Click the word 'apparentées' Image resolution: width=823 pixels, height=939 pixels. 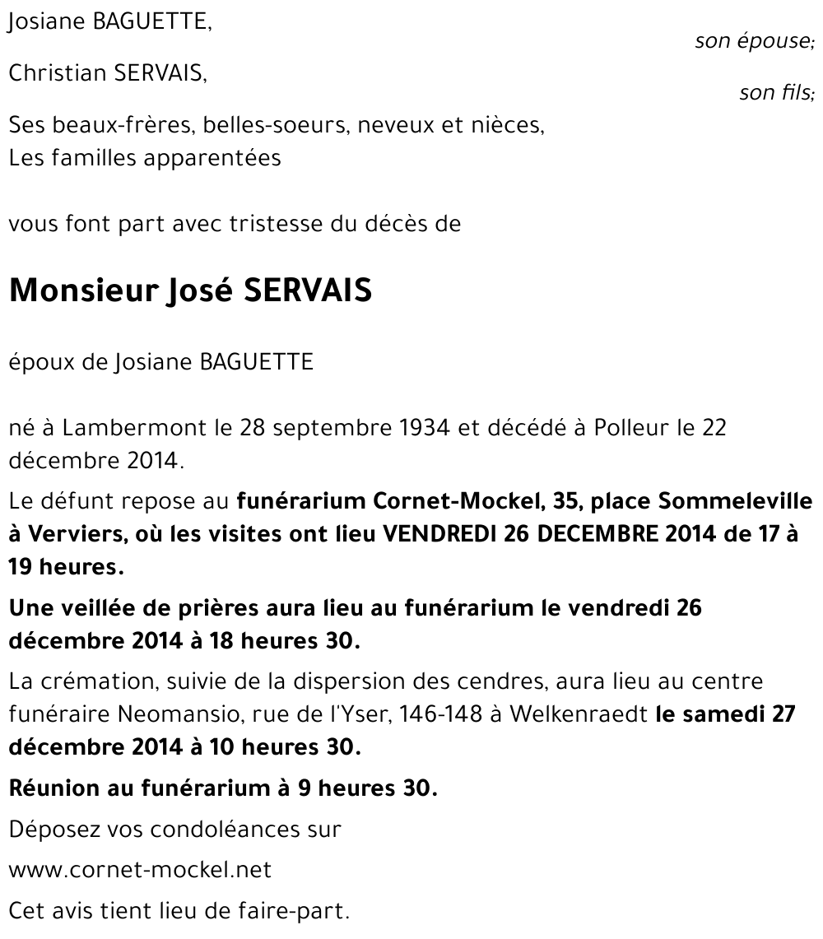point(212,157)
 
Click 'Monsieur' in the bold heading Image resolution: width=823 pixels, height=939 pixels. point(78,291)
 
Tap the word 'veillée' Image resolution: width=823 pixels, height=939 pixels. point(101,608)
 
